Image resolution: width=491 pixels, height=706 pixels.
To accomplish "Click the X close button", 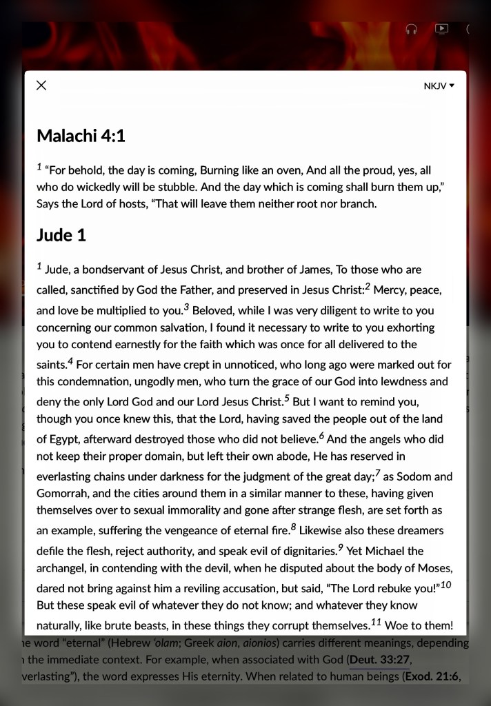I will [41, 85].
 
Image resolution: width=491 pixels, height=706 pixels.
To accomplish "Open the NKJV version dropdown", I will [439, 86].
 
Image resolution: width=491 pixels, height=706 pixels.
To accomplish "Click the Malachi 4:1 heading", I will [81, 135].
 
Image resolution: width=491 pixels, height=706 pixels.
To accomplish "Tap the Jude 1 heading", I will [61, 235].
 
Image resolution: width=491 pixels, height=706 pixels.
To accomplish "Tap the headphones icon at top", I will [412, 29].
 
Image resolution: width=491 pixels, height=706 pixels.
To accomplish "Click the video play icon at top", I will [441, 29].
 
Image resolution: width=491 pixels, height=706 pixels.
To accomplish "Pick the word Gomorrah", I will [62, 493].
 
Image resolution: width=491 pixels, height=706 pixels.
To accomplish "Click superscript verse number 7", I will [377, 473].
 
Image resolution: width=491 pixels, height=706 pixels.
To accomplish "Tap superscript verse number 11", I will [376, 623].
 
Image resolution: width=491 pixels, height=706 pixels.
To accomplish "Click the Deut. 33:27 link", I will [379, 660].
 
